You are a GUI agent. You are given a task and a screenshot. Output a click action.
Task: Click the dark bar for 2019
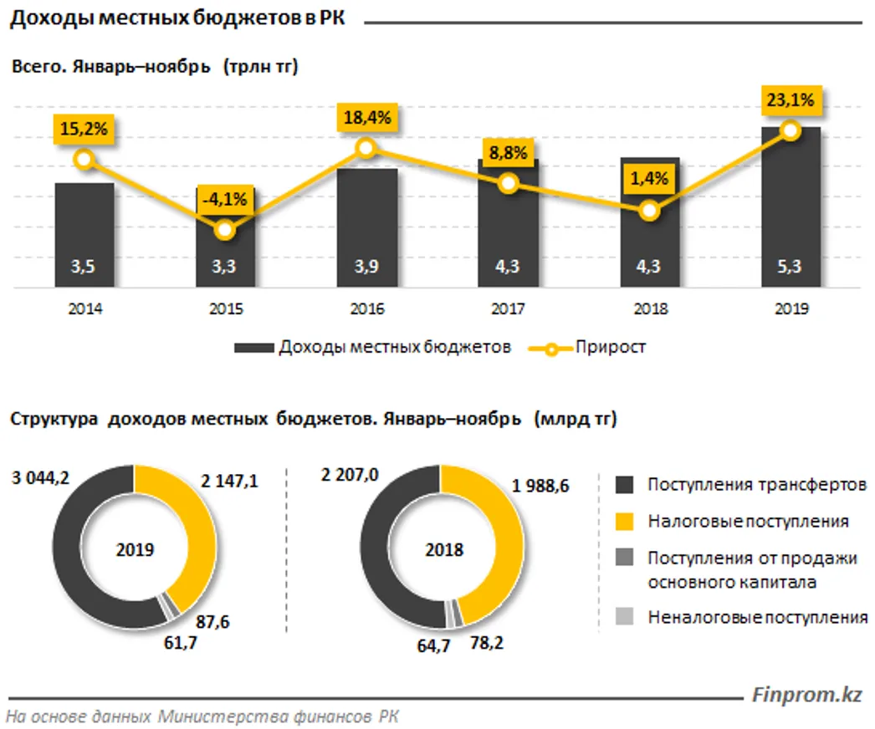[x=791, y=217]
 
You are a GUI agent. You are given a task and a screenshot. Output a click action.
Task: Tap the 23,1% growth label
[x=791, y=102]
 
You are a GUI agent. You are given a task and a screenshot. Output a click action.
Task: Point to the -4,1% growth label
[x=224, y=199]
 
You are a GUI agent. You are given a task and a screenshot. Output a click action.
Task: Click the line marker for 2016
[x=366, y=148]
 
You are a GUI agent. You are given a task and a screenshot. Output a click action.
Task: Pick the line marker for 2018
[x=649, y=211]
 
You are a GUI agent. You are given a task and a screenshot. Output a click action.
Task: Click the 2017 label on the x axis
[x=508, y=309]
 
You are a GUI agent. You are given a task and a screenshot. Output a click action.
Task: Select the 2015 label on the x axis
[x=225, y=309]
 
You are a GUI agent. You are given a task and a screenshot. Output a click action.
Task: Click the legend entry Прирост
[x=610, y=347]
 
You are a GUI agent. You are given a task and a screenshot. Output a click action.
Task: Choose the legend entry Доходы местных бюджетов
[x=394, y=347]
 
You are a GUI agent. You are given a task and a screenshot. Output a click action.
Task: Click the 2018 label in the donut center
[x=443, y=551]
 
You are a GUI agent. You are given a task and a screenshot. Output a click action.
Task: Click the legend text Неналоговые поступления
[x=758, y=618]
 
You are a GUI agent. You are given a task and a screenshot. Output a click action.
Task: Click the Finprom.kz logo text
[x=807, y=694]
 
